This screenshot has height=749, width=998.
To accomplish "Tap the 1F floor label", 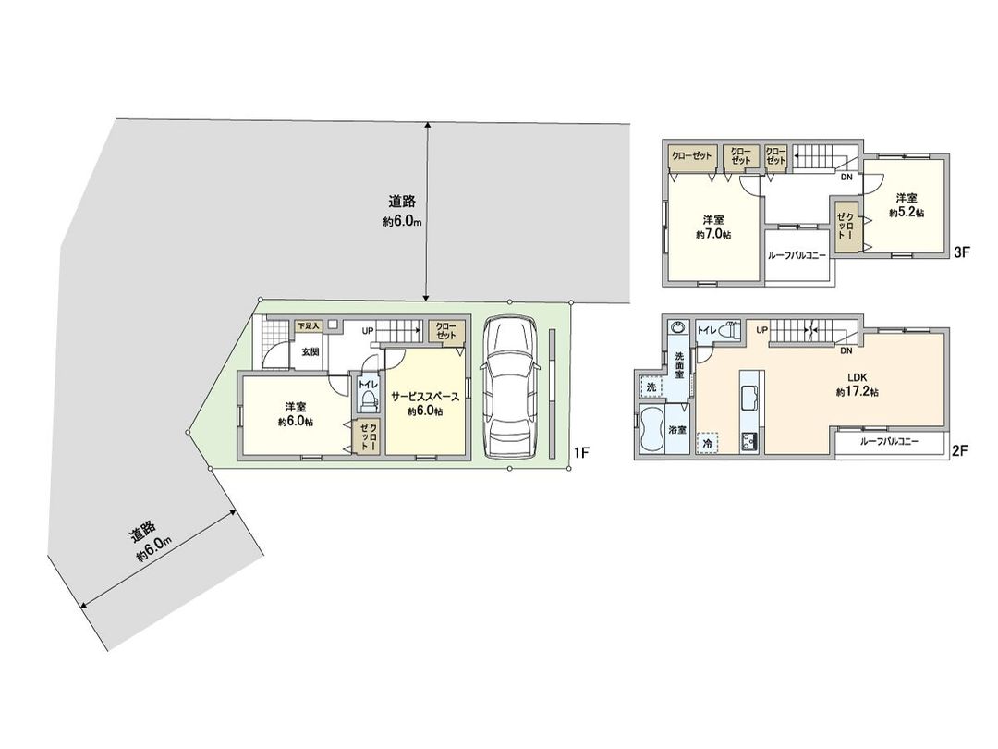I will pos(581,452).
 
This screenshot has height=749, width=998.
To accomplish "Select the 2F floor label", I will pos(959,452).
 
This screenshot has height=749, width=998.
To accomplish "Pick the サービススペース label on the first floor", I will pos(425,396).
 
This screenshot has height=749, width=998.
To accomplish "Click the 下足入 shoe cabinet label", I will pos(308,326).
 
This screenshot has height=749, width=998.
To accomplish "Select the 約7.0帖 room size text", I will pos(712,235).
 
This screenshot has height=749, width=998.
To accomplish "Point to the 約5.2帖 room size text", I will pos(907,213).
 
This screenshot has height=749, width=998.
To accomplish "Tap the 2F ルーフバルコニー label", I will pos(889,442).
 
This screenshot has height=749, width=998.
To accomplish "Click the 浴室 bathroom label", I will pos(677,430).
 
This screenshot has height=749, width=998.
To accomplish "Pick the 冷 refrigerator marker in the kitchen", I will pos(708,444).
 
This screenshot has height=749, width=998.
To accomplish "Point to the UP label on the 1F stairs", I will pos(368,330).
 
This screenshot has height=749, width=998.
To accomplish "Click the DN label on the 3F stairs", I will pos(846,177).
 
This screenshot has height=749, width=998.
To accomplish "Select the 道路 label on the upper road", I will pos(400,201).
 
